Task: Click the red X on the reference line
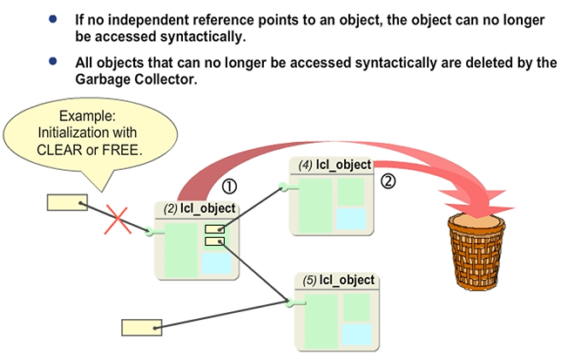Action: (x=117, y=220)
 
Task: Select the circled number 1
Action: (x=230, y=186)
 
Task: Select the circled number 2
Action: (x=389, y=181)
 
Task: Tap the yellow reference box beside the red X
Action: (x=66, y=202)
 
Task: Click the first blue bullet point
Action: (x=55, y=18)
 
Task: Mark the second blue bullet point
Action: (x=55, y=61)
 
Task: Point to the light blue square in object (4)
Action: (x=350, y=217)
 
